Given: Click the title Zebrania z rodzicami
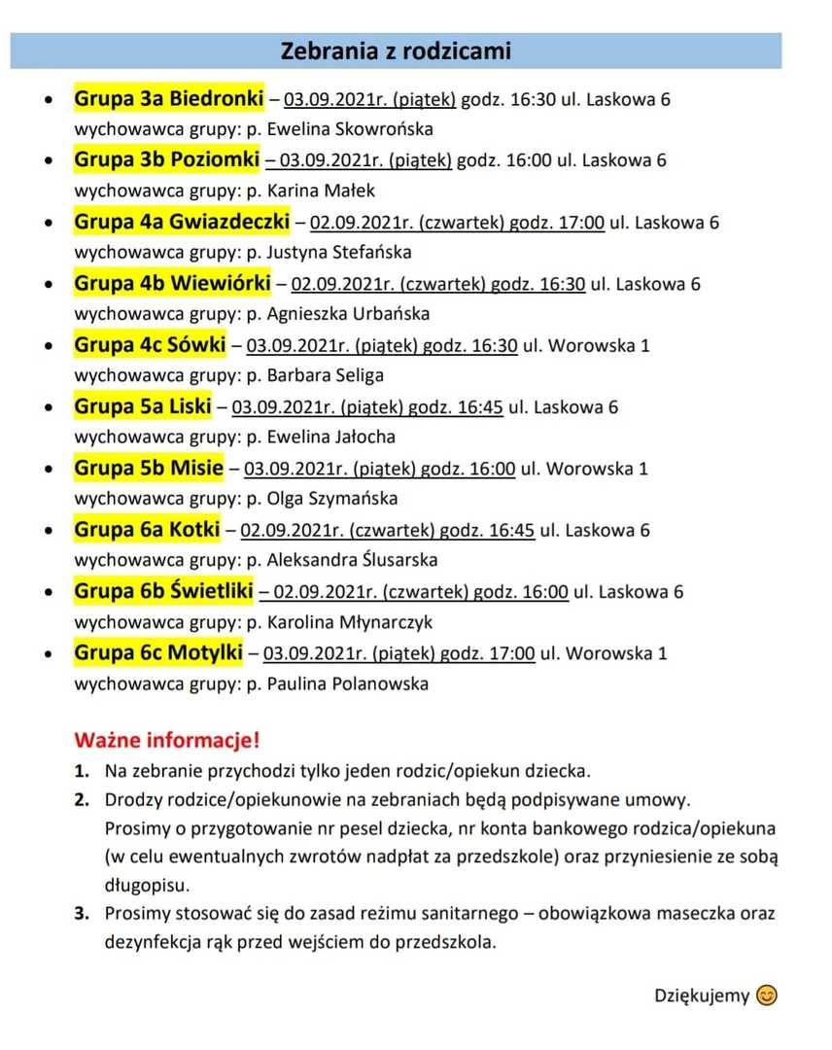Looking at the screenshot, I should point(396,51).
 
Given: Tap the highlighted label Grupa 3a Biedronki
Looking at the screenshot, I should point(169,98).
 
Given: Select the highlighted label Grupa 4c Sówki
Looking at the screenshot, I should point(150,344).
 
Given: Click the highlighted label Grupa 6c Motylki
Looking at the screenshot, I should point(158,652).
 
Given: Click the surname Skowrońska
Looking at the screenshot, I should point(383,129).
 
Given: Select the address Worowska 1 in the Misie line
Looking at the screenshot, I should point(598,469).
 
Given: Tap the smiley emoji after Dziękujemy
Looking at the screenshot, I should point(768,995).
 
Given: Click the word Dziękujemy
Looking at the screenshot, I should point(702,996).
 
